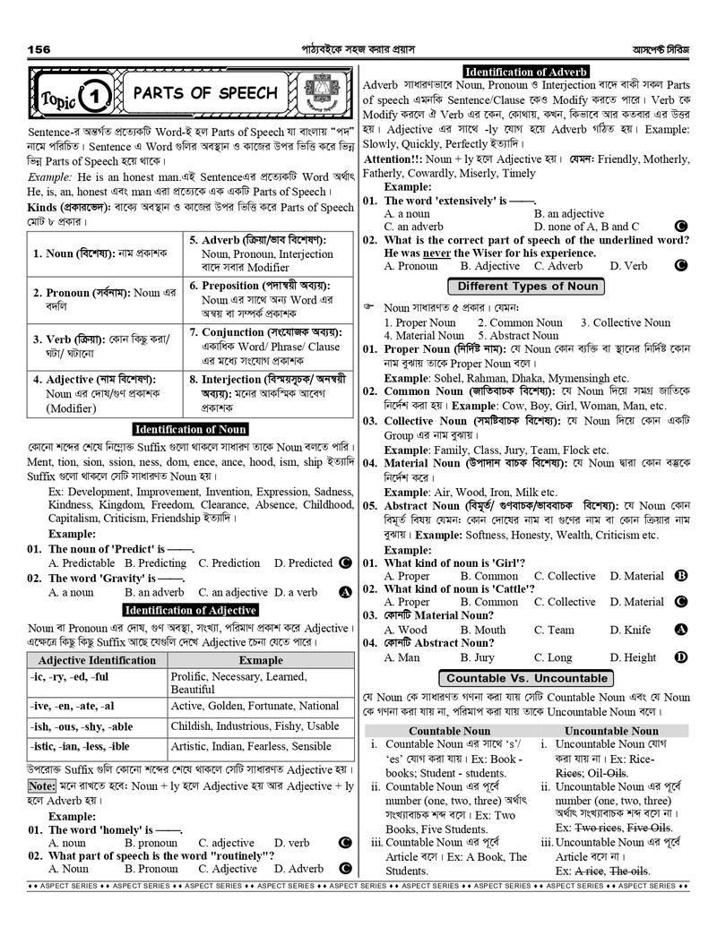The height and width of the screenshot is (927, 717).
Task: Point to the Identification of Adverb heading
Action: tap(526, 72)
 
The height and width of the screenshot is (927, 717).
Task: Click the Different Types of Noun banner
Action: tap(526, 287)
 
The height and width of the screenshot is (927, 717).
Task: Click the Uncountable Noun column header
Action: tap(611, 731)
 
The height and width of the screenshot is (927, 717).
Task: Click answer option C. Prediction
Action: tap(229, 563)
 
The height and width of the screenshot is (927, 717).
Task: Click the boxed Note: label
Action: tap(41, 785)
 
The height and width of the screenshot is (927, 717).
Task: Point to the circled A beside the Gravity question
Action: tap(344, 592)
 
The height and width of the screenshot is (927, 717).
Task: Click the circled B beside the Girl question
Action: tap(681, 576)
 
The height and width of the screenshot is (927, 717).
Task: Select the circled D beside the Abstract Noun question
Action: tap(681, 657)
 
